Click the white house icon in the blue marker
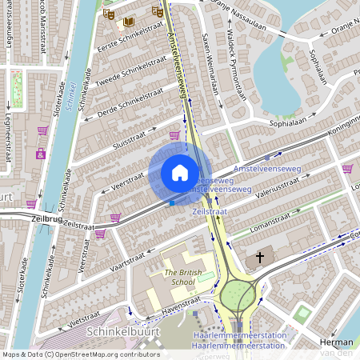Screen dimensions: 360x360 pos(180,173)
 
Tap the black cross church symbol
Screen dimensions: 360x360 pos(258,258)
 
